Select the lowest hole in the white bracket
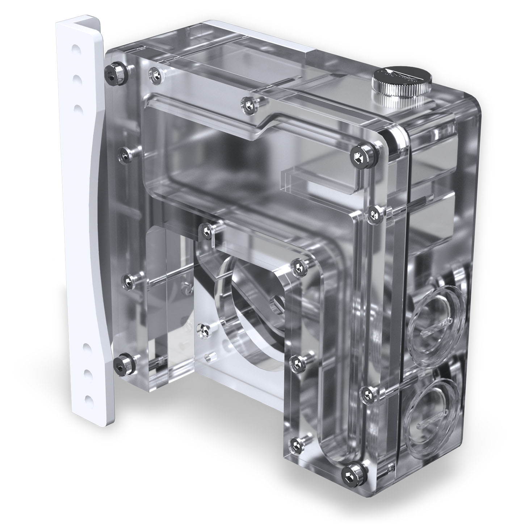87,399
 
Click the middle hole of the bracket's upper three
76,77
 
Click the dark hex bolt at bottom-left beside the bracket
119,362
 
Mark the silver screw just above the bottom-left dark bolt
128,280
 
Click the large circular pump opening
250,311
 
